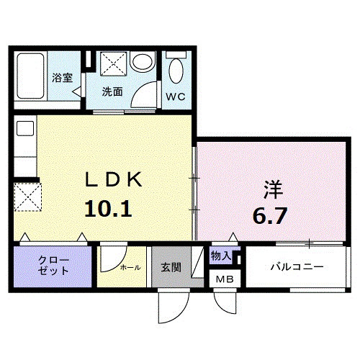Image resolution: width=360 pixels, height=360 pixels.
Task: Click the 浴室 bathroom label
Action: tap(63, 77)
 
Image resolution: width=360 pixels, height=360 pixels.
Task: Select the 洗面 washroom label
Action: tap(112, 91)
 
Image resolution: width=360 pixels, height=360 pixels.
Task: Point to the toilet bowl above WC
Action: tap(175, 71)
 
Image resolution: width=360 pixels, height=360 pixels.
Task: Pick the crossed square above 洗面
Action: tap(112, 63)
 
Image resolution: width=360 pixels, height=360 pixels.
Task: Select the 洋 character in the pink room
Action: tap(272, 190)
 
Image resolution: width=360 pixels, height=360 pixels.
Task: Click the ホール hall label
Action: tap(130, 267)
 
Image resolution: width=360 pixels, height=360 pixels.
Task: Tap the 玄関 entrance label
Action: tap(171, 267)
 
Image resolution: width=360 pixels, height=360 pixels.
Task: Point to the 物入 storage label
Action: tap(220, 256)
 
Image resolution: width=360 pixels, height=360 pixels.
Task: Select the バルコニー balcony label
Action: tap(297, 267)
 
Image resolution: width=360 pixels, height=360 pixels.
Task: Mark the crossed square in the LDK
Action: tap(28, 196)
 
